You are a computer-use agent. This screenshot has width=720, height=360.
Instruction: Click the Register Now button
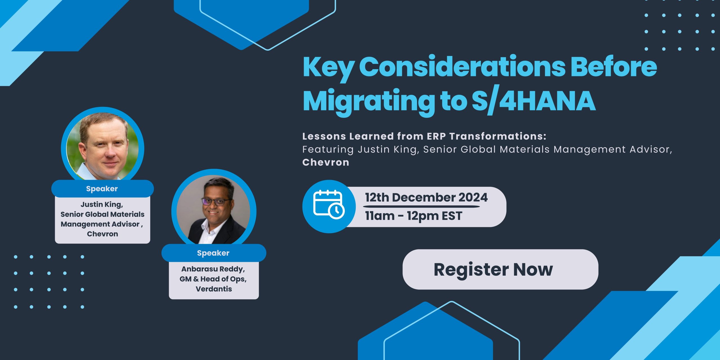tap(500, 269)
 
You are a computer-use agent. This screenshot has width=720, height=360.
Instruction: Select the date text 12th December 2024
tap(426, 197)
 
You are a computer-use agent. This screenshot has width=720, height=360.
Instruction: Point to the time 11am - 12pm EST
tap(413, 216)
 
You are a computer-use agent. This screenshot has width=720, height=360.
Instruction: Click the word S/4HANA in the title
tap(534, 101)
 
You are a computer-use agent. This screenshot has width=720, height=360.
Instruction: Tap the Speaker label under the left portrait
tap(102, 189)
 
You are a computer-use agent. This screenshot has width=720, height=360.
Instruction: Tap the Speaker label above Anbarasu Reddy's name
tap(213, 253)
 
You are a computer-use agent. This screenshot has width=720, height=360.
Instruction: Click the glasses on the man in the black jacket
tap(215, 201)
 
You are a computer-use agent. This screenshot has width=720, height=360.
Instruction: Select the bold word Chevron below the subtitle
tap(326, 162)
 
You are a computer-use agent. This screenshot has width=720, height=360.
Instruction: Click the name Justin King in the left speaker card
tap(101, 204)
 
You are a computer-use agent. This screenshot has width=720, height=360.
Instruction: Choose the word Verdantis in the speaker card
tap(214, 289)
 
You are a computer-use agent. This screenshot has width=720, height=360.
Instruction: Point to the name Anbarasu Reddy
tap(213, 269)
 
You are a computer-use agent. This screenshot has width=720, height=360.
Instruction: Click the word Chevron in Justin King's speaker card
tap(102, 234)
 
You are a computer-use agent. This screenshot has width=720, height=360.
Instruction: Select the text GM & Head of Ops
tap(213, 279)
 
